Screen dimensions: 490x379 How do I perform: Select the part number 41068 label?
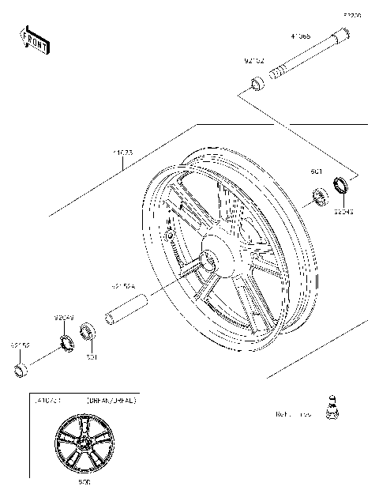pos(300,36)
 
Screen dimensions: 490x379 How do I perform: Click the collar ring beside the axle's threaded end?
pos(257,83)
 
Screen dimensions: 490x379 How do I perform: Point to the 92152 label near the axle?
pos(253,60)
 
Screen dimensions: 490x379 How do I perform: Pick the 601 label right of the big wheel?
pos(316,171)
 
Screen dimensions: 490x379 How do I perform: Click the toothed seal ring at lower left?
pos(66,341)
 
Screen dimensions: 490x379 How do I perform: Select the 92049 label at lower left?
pos(64,318)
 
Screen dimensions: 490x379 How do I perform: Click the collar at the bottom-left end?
pos(21,370)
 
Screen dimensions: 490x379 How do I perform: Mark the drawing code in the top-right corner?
pos(351,14)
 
